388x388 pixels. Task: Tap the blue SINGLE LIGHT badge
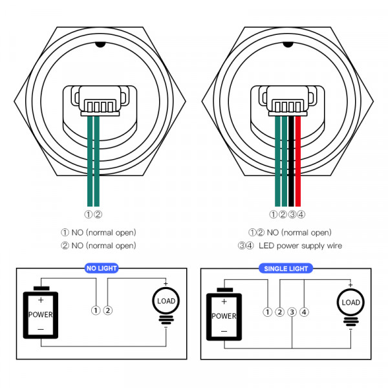pyautogui.click(x=285, y=268)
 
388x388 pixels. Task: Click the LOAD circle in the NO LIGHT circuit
pyautogui.click(x=165, y=301)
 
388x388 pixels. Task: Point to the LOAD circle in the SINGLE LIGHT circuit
pyautogui.click(x=350, y=303)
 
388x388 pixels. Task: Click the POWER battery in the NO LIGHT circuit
pyautogui.click(x=41, y=314)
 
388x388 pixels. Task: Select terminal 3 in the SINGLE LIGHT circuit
pyautogui.click(x=292, y=312)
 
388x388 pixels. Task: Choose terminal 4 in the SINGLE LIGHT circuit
pyautogui.click(x=305, y=312)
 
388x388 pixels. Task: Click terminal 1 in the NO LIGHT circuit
pyautogui.click(x=96, y=310)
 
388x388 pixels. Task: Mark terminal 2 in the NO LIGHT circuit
pyautogui.click(x=108, y=310)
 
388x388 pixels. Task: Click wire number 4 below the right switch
pyautogui.click(x=301, y=215)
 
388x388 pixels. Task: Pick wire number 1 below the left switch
pyautogui.click(x=89, y=215)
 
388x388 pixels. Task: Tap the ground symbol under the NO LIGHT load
pyautogui.click(x=165, y=319)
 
